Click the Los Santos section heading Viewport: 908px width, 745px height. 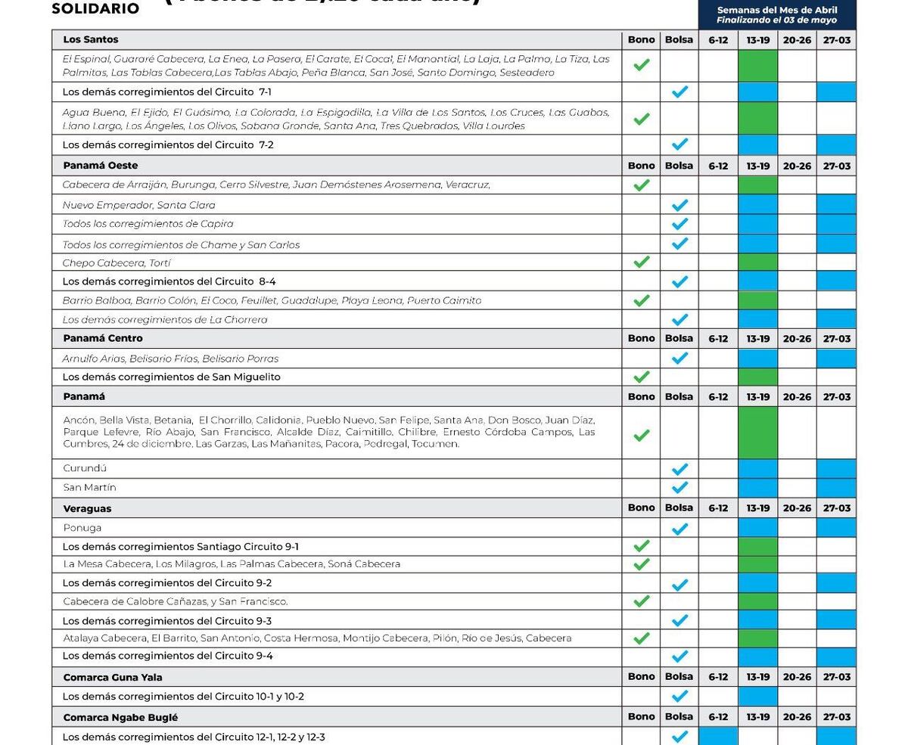(91, 39)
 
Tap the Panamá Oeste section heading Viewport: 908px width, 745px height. (101, 166)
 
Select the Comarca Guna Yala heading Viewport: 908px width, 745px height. (113, 677)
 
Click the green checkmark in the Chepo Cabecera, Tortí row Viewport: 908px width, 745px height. (641, 262)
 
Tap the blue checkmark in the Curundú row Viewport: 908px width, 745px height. (679, 469)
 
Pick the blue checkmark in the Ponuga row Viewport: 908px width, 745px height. (679, 528)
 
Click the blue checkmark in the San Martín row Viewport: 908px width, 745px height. (679, 487)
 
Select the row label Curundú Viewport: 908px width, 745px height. (85, 469)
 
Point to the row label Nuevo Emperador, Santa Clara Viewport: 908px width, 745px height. (139, 205)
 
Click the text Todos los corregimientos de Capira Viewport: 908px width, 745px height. (148, 224)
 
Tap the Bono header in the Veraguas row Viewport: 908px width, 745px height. (641, 508)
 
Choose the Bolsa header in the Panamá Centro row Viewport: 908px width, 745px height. (679, 338)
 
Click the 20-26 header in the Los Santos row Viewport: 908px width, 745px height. (797, 40)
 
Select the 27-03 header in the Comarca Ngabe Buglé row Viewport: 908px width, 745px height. (837, 716)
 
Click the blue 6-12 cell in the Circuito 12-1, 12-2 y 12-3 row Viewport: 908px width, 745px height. (718, 736)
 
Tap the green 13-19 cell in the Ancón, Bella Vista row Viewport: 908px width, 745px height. (757, 433)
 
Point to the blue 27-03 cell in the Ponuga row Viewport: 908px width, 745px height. (837, 527)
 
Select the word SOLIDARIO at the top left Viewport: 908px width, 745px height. (95, 9)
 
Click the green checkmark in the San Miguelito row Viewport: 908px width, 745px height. (641, 377)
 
